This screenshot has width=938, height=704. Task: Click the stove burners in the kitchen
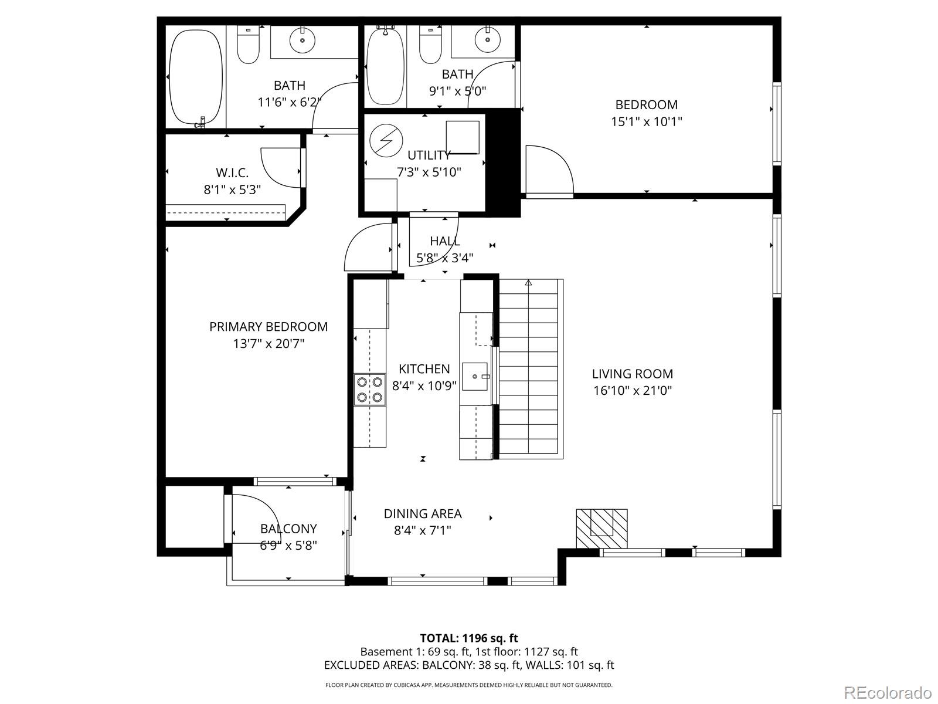[x=369, y=390]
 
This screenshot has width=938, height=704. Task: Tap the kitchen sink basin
[x=475, y=376]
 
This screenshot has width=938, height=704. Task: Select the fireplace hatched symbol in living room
[x=602, y=528]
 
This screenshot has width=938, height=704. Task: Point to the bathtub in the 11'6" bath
[x=196, y=77]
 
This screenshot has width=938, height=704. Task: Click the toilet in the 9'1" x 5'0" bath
[x=430, y=46]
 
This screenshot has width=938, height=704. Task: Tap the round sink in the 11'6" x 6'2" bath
[x=303, y=40]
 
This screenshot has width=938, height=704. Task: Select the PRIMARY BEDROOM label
[x=269, y=327]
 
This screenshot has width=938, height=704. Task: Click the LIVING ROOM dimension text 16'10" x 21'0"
[x=632, y=391]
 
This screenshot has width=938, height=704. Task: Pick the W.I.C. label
[x=232, y=173]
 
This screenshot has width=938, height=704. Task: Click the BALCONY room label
[x=288, y=529]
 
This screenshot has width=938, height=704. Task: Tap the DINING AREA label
[x=423, y=514]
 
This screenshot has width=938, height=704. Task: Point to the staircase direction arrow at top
[x=528, y=283]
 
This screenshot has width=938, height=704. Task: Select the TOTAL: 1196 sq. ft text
[x=468, y=638]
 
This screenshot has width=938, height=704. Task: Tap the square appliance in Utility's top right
[x=463, y=137]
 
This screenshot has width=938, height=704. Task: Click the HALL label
[x=444, y=241]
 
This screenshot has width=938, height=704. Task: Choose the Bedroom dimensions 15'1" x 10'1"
[x=646, y=122]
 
